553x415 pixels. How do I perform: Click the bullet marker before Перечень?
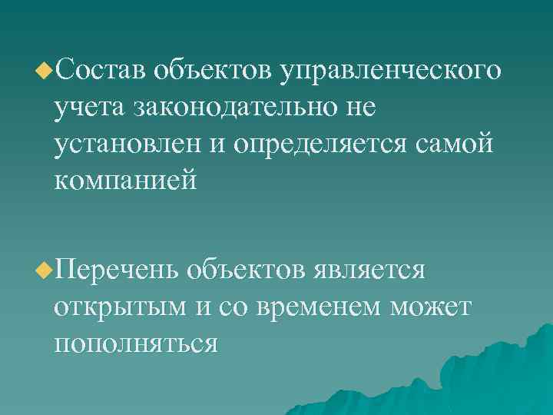pos(45,271)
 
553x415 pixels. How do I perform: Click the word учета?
pos(91,108)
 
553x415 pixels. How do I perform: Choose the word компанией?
pos(126,179)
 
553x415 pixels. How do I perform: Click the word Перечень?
pos(117,271)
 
